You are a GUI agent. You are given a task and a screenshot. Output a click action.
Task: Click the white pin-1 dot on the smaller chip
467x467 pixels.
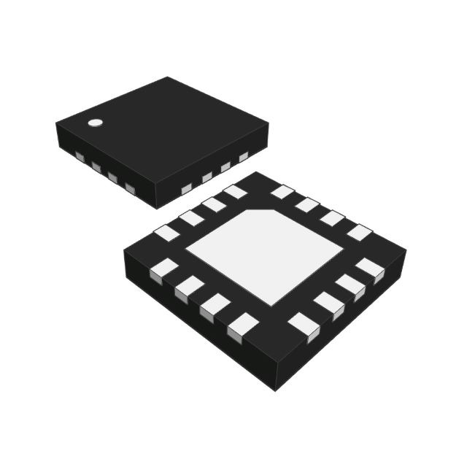94,123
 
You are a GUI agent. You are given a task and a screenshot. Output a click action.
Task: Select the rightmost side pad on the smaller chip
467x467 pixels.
244,156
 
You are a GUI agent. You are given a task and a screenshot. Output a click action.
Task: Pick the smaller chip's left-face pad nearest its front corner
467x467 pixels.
131,189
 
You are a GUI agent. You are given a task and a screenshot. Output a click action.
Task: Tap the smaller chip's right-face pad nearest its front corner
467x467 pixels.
187,189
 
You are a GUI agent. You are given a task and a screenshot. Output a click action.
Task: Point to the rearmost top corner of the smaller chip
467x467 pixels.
168,77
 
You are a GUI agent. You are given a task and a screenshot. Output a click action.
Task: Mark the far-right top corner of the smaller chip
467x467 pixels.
268,125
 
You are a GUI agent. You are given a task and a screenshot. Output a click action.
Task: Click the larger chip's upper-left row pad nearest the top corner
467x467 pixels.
235,192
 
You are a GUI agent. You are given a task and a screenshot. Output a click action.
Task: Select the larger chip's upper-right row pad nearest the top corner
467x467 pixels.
282,192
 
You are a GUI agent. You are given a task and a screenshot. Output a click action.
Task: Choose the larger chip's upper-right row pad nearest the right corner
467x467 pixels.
359,232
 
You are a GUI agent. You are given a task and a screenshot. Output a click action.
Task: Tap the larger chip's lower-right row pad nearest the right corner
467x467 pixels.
371,268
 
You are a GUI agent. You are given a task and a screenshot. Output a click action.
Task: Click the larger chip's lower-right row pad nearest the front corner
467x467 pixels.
303,325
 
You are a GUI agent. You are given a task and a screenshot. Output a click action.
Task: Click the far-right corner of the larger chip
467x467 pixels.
406,251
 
